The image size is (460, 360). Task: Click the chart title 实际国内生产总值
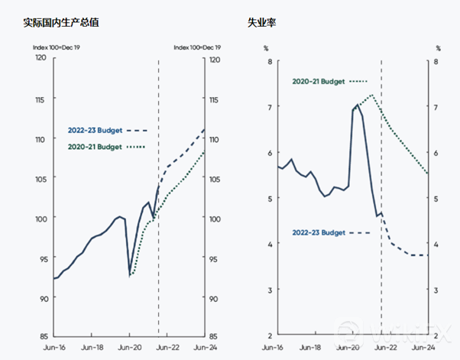(61, 22)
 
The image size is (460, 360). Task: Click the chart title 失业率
(262, 22)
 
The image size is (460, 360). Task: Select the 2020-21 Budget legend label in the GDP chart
(95, 146)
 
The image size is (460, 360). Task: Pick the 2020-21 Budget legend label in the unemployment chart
(319, 80)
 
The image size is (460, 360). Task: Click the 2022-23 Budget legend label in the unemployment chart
(319, 232)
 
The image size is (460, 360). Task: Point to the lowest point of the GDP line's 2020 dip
(131, 274)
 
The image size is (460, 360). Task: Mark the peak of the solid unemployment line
(358, 105)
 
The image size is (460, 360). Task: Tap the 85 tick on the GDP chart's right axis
(215, 336)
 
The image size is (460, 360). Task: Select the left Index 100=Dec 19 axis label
(53, 47)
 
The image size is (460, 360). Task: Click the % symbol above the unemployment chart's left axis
(266, 47)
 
